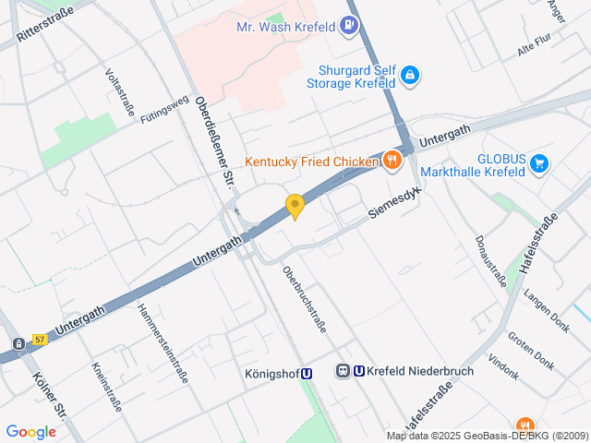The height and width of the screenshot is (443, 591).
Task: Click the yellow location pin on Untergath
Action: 295,207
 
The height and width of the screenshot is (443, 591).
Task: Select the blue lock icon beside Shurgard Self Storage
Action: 409,75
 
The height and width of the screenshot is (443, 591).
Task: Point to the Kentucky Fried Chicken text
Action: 311,162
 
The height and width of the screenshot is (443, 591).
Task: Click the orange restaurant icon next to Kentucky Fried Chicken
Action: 392,161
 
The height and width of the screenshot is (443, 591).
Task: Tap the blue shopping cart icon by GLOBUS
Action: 539,165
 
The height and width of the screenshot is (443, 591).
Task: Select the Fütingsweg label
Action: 164,109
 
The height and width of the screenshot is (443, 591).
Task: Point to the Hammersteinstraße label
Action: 163,343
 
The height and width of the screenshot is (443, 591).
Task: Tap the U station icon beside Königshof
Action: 307,374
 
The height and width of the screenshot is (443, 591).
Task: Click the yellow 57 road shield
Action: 40,340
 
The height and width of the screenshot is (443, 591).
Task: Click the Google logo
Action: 30,431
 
